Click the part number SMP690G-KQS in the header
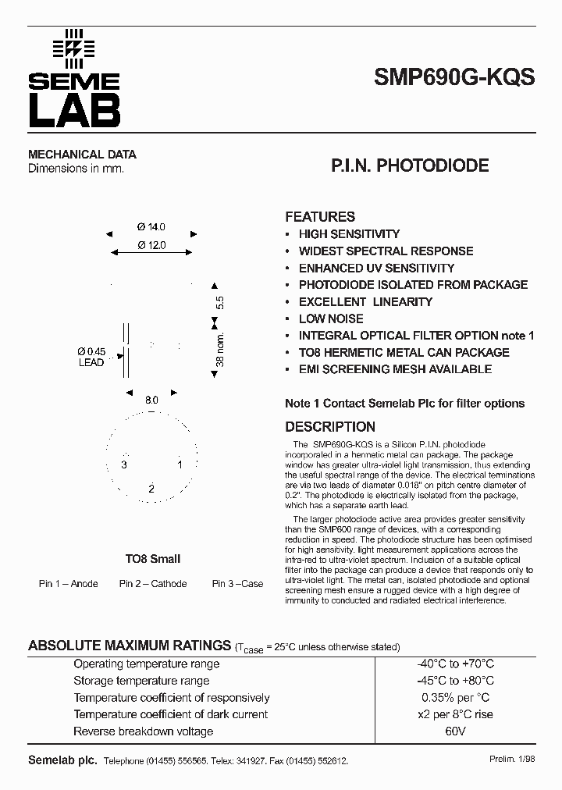click(x=454, y=78)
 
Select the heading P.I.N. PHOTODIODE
click(x=410, y=165)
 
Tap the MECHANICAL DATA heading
click(x=82, y=155)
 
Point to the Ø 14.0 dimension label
click(x=151, y=227)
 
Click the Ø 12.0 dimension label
click(x=151, y=245)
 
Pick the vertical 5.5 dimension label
click(x=220, y=302)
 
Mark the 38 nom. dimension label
click(x=220, y=350)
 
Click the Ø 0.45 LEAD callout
click(x=91, y=357)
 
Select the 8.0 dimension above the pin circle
click(x=151, y=400)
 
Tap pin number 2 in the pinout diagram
click(x=151, y=488)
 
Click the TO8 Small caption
click(x=153, y=559)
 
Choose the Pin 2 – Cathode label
click(x=153, y=584)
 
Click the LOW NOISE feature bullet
click(x=331, y=318)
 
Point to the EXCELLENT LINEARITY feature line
click(x=365, y=301)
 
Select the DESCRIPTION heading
click(x=330, y=427)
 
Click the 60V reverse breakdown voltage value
click(x=456, y=731)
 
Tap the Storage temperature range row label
click(x=141, y=681)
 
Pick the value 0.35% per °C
click(x=456, y=698)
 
